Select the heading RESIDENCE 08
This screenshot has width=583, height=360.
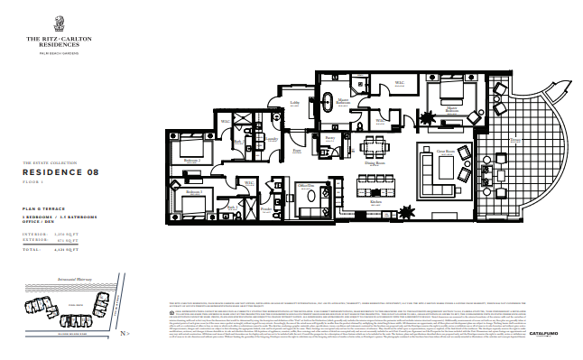pyautogui.click(x=60, y=171)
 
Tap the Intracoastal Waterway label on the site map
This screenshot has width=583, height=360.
pyautogui.click(x=73, y=282)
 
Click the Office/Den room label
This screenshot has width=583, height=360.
pyautogui.click(x=306, y=186)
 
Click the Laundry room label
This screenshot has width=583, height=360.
pyautogui.click(x=268, y=141)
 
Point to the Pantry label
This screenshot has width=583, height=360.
pyautogui.click(x=330, y=138)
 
